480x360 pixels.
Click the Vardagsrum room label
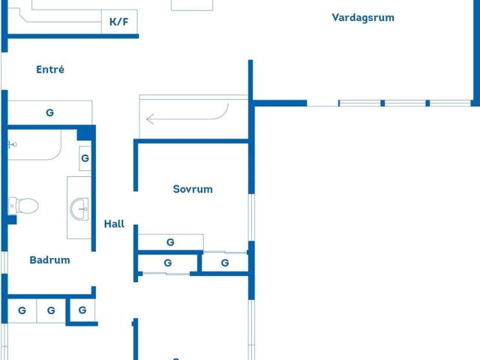point(363,17)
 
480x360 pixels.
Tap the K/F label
point(118,22)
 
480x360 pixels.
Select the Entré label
point(50,70)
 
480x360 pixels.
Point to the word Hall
point(114,223)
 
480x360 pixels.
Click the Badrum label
point(49,260)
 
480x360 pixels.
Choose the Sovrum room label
point(193,189)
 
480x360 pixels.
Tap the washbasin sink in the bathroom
point(79,208)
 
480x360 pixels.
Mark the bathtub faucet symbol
point(12,144)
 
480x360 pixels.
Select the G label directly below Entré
point(49,113)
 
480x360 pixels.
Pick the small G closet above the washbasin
point(85,158)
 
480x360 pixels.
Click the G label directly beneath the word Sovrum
point(170,242)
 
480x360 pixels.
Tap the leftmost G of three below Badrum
point(22,310)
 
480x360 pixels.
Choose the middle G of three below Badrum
point(51,310)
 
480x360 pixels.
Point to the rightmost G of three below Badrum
point(82,310)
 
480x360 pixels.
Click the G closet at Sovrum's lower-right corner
point(225,262)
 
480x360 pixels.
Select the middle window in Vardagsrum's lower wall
point(405,103)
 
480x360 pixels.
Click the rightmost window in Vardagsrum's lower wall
point(450,103)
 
